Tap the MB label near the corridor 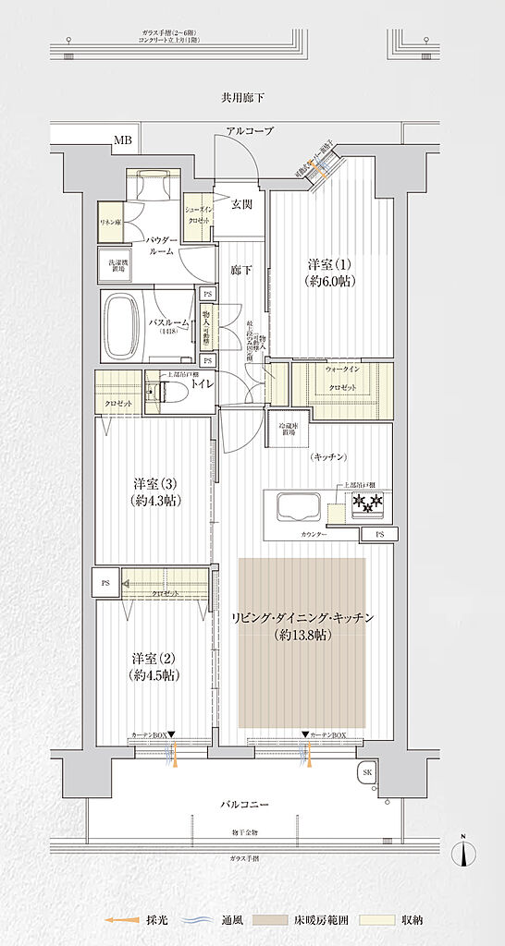point(122,141)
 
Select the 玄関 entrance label point(240,205)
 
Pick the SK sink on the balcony point(366,773)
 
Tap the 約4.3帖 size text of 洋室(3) point(155,501)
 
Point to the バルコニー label point(245,805)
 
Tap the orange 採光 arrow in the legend point(115,921)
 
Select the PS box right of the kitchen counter point(380,535)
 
